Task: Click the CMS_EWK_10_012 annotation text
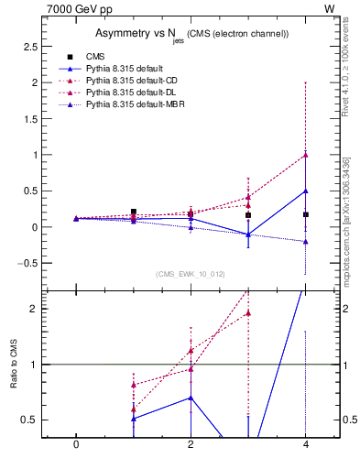pos(191,274)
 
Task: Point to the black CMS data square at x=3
pos(248,215)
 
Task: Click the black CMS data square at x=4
pos(306,214)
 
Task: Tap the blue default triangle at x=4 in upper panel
pos(306,191)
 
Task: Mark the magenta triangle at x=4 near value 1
pos(306,155)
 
